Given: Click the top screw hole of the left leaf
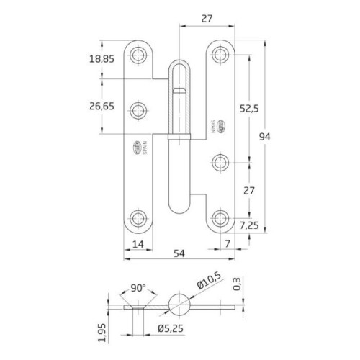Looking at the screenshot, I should (x=139, y=54).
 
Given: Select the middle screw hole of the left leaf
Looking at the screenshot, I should (x=139, y=110).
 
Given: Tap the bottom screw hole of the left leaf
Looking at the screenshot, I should (x=139, y=218).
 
